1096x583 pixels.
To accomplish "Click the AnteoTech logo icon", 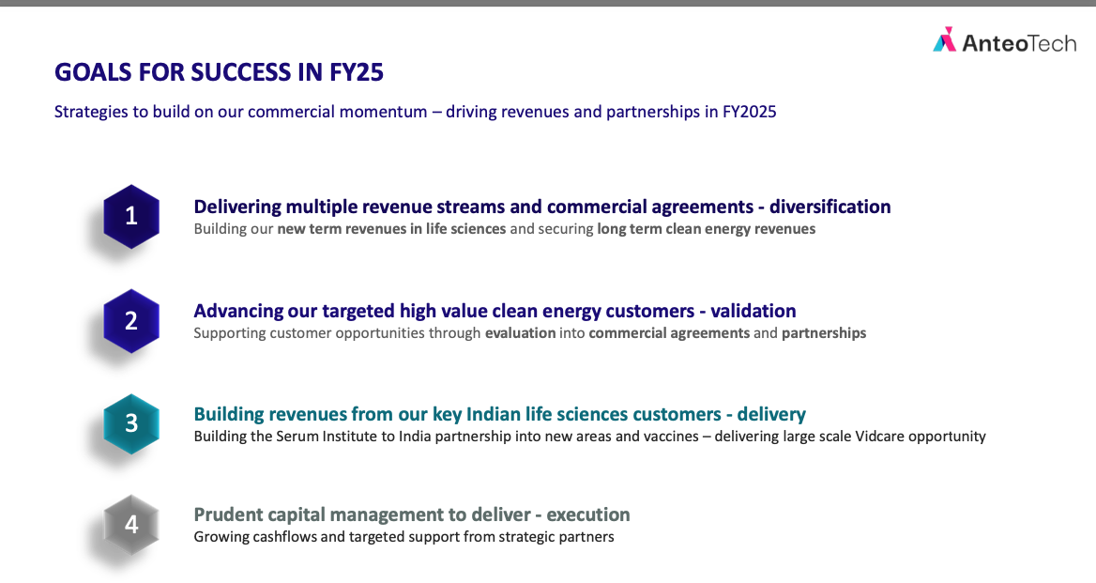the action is tap(944, 39).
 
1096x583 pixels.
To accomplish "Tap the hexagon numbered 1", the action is tap(131, 217).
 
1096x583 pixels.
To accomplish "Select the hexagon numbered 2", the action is tap(131, 321).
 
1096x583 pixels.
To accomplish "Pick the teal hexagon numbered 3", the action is tap(131, 424).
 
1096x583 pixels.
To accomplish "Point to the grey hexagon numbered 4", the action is tap(131, 525).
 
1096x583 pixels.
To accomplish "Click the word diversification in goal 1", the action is tap(830, 207).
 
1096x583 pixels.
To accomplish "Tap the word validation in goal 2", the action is tap(753, 311).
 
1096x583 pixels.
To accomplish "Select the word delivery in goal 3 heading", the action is tap(771, 415).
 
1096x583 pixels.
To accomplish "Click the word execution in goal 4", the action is tap(587, 515).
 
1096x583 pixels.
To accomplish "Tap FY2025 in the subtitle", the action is tap(750, 112).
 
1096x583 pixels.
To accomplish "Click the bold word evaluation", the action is tap(520, 333).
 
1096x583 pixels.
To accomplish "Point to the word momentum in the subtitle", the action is tap(383, 112).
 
